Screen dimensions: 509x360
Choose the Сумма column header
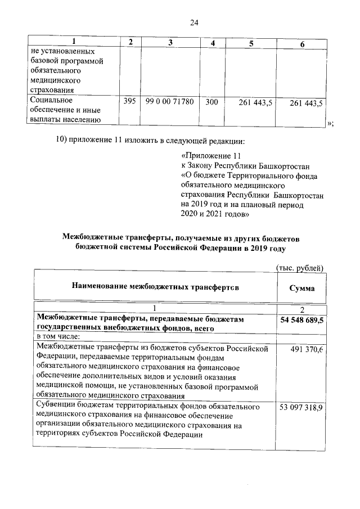coord(301,287)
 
